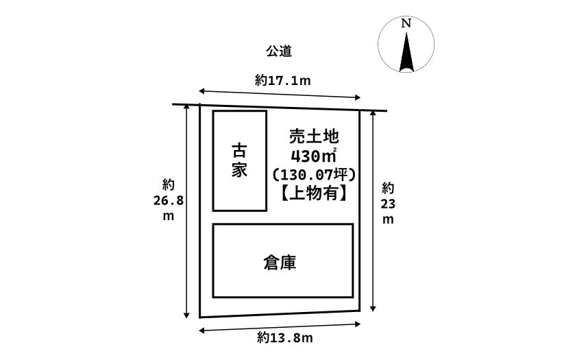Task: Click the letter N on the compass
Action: coord(406,23)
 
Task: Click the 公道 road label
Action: coord(280,51)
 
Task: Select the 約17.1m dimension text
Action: coord(283,80)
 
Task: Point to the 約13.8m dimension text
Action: coord(286,337)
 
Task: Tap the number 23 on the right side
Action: coord(388,204)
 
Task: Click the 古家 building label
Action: coord(239,160)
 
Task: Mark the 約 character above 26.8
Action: coord(169,184)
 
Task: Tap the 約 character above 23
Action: coord(388,188)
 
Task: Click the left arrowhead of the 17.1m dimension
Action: coord(201,89)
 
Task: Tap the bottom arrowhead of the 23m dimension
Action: coord(372,309)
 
